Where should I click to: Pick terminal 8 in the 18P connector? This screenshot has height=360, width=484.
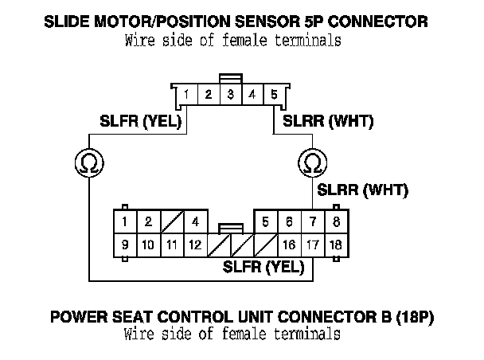(x=336, y=221)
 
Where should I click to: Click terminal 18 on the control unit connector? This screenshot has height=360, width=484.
(x=336, y=245)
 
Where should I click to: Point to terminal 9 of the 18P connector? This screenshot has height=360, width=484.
(x=125, y=245)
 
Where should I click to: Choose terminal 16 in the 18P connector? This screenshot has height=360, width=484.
(x=290, y=245)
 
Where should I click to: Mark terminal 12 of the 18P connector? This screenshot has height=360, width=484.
(x=194, y=245)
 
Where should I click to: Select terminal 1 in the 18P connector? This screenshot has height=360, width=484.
(x=125, y=221)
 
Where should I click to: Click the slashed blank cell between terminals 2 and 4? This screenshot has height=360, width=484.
(x=171, y=221)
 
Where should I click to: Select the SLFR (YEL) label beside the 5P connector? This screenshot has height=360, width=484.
(x=141, y=122)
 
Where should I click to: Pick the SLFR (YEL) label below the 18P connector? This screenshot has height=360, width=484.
(x=263, y=266)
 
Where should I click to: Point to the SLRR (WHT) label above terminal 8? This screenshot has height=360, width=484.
(x=362, y=190)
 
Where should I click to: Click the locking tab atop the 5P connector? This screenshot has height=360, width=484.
(x=230, y=79)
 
